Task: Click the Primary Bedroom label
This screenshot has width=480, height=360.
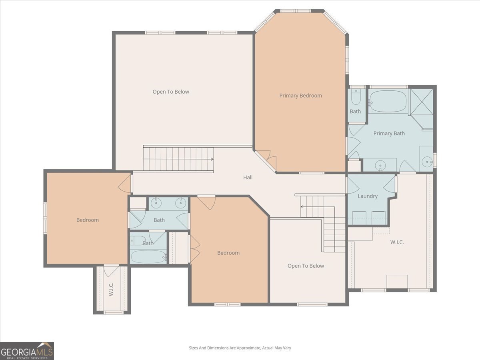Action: [x=300, y=96]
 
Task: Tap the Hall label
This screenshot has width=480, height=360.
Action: [x=248, y=177]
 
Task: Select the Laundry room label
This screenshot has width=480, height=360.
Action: [x=368, y=196]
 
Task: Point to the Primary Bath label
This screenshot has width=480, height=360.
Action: [x=389, y=133]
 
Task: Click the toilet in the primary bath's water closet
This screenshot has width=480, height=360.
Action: [x=356, y=97]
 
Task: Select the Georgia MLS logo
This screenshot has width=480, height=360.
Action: [x=27, y=351]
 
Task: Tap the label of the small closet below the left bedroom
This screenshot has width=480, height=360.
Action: [x=111, y=289]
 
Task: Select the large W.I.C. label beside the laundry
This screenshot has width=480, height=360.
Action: [x=397, y=242]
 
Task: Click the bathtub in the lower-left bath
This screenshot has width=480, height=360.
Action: [x=148, y=256]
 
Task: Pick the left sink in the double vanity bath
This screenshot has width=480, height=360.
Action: [x=156, y=203]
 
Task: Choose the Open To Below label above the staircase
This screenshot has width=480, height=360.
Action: [x=171, y=92]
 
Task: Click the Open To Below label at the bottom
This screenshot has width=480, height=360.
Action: [x=306, y=266]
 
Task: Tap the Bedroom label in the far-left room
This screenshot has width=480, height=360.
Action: [x=88, y=220]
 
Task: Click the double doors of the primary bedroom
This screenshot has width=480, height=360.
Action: [x=266, y=160]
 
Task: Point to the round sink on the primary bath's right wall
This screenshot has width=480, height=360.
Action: [x=427, y=162]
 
